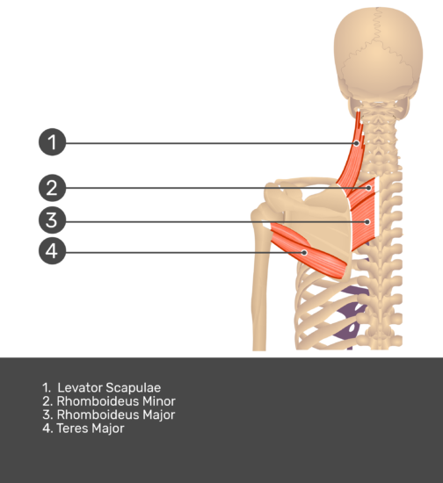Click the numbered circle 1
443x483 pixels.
53,142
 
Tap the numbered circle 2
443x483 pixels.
53,188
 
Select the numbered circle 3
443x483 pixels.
53,220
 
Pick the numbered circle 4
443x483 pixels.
53,251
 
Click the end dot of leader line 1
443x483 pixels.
357,143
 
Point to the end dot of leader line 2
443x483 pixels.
368,188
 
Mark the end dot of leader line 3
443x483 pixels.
367,222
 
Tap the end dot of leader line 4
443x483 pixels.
304,253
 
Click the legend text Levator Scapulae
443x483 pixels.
109,388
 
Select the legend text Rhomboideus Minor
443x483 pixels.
116,401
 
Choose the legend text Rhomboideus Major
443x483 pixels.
116,415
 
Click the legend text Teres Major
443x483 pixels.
91,429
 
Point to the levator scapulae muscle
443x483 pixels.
352,160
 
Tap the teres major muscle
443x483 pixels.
309,250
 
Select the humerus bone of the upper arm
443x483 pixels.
259,278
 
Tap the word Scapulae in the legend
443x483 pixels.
134,388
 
